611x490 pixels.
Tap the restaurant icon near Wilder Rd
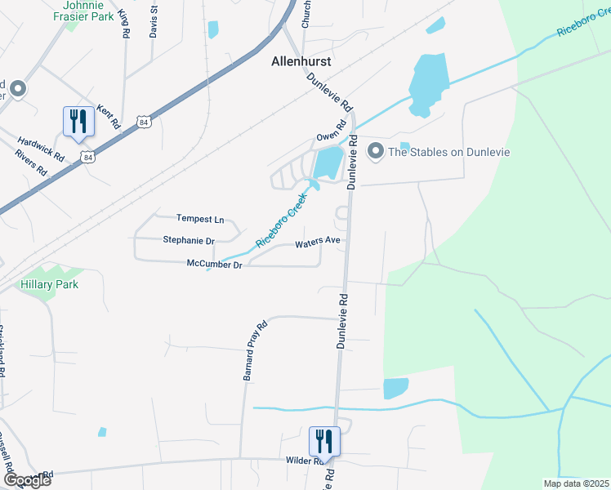coord(324,442)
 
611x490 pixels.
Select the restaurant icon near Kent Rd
coord(78,122)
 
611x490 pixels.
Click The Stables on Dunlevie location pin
coord(376,151)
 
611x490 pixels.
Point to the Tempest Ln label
coord(199,219)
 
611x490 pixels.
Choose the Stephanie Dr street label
coord(188,241)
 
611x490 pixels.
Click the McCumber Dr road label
coord(214,265)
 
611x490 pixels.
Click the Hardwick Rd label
coord(41,146)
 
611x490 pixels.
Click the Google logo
coord(26,480)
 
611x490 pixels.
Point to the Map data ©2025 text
coord(575,483)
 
